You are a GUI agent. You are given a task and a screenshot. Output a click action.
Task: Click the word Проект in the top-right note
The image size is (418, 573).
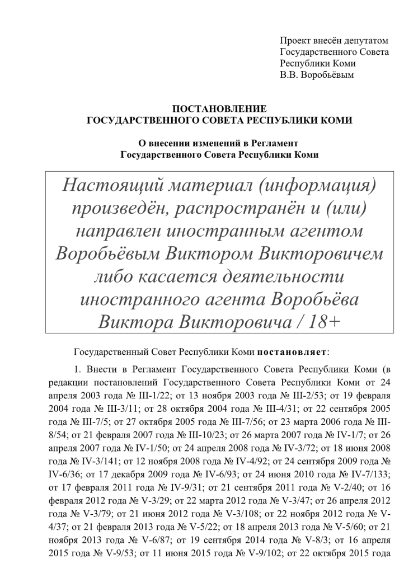click(294, 40)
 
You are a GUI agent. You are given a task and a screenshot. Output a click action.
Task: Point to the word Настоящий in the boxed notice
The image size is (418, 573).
click(105, 185)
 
